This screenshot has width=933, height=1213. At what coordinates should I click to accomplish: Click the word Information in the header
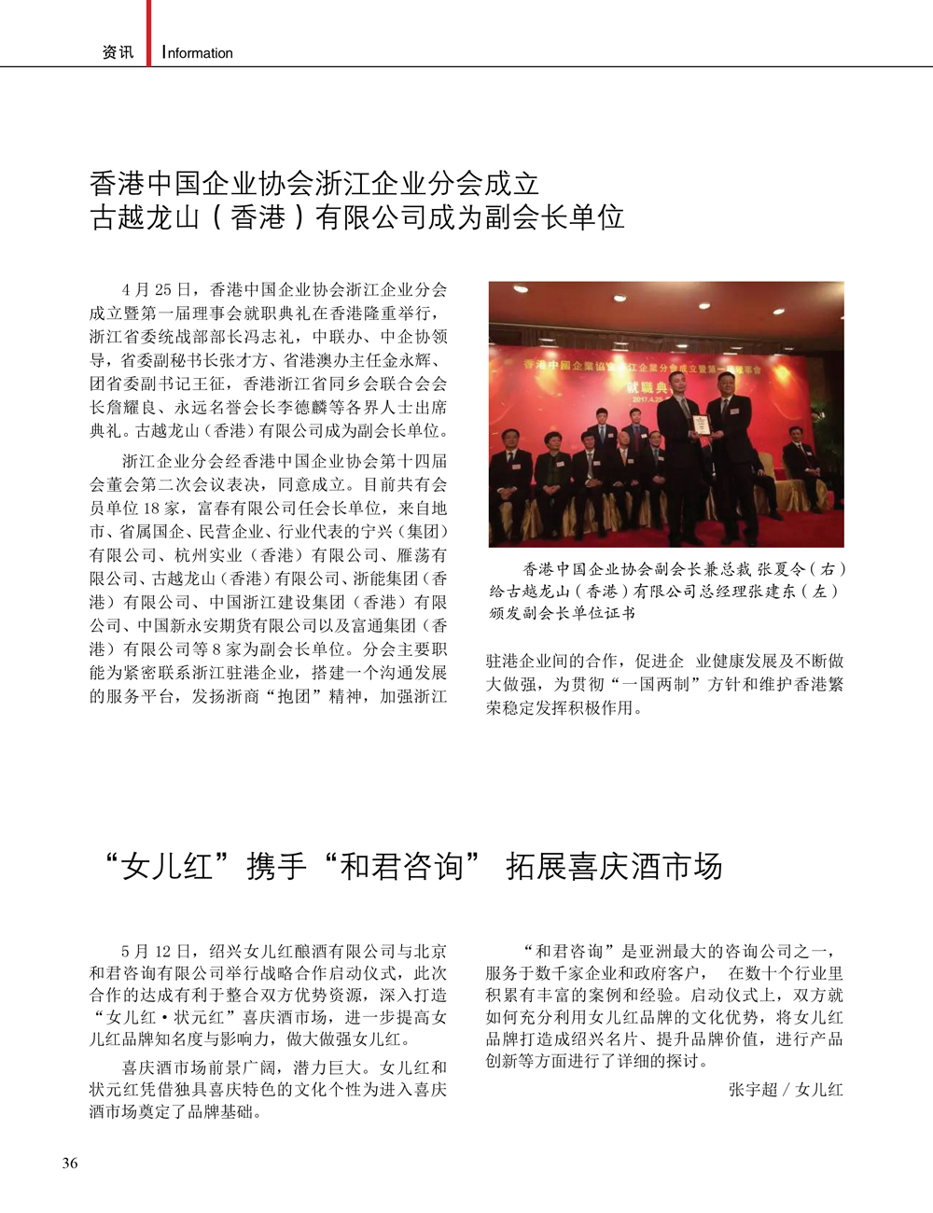pyautogui.click(x=198, y=53)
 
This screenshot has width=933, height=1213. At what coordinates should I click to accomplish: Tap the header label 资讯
pyautogui.click(x=118, y=52)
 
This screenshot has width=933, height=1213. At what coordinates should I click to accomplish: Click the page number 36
pyautogui.click(x=70, y=1163)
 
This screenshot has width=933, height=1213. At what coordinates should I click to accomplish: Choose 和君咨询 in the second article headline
pyautogui.click(x=401, y=867)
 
